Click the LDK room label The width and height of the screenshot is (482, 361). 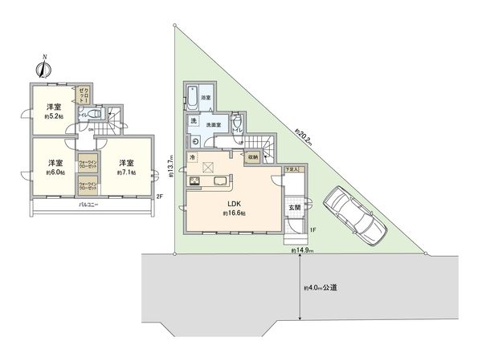point(232,203)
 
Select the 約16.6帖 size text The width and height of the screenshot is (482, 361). point(232,213)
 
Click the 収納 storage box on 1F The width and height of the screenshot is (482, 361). point(252,158)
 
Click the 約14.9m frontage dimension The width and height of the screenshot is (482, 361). point(303,251)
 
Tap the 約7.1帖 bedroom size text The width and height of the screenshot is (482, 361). point(126,172)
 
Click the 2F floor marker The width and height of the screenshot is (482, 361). point(159,197)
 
